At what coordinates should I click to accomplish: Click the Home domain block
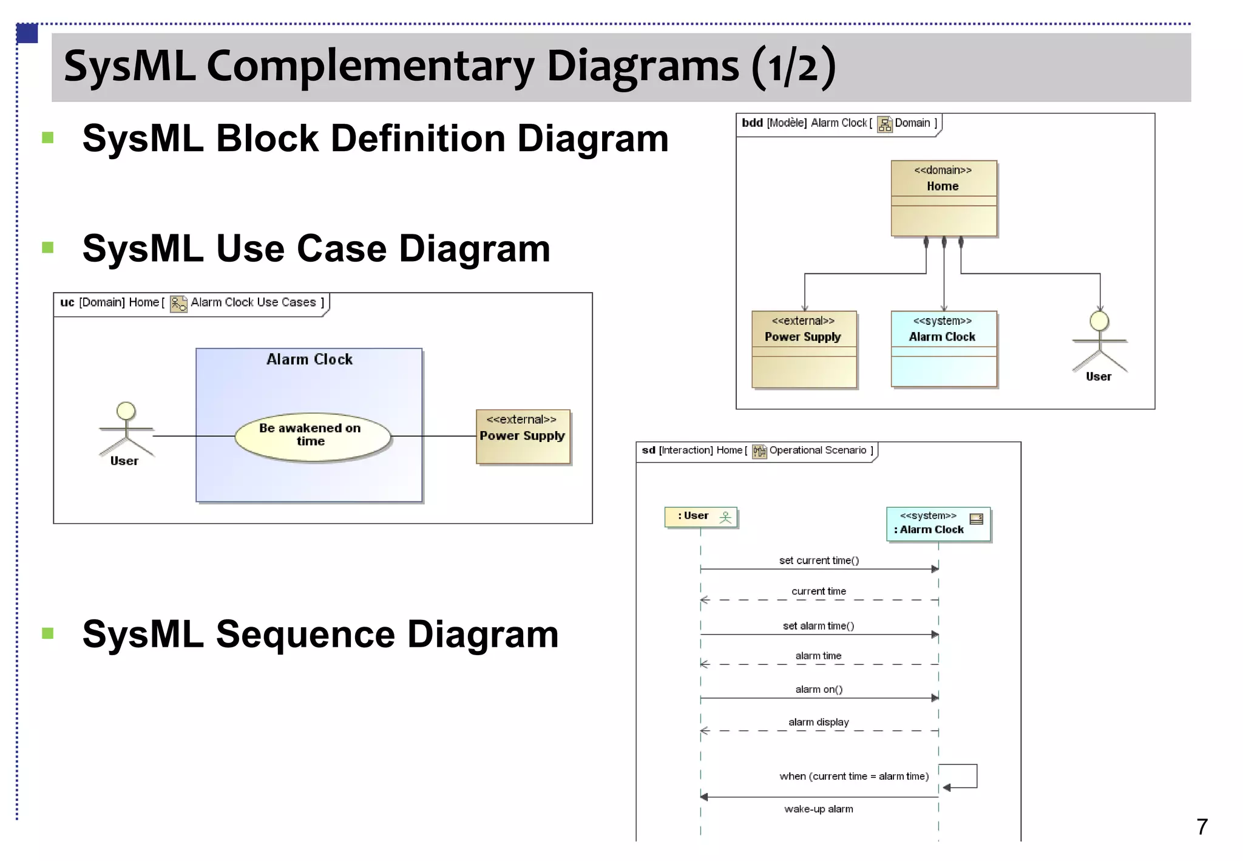click(x=943, y=198)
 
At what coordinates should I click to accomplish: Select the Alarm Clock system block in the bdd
click(x=943, y=349)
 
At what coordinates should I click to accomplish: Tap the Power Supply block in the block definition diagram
click(x=804, y=349)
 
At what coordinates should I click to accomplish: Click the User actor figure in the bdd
click(x=1099, y=343)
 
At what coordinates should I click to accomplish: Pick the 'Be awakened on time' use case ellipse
click(x=312, y=436)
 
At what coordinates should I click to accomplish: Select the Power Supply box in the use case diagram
click(x=523, y=436)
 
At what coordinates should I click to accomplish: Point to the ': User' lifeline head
click(x=700, y=517)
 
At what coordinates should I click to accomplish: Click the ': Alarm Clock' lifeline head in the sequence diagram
click(x=938, y=523)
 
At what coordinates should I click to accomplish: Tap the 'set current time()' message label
click(x=819, y=560)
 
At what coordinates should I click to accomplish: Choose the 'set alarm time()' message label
click(x=818, y=626)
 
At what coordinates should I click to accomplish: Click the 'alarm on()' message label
click(x=819, y=689)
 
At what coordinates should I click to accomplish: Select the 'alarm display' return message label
click(x=818, y=722)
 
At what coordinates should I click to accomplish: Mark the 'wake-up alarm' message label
click(x=818, y=809)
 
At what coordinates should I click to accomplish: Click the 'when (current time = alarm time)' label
click(x=853, y=776)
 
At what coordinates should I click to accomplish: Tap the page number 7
click(x=1201, y=826)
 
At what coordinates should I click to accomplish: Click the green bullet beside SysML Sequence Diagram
click(x=48, y=633)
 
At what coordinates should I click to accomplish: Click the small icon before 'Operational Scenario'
click(x=759, y=451)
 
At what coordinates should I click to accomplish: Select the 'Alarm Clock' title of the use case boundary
click(x=310, y=359)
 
